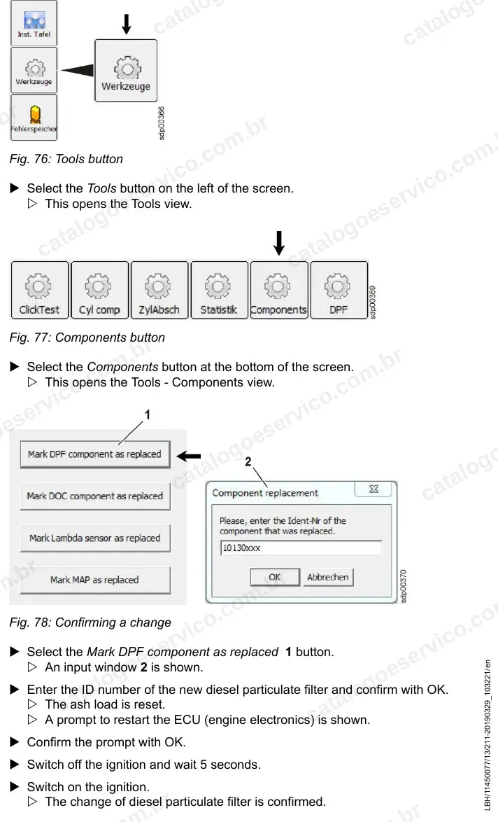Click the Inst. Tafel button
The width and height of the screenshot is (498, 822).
click(34, 23)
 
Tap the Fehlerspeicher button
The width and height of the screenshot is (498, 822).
click(34, 118)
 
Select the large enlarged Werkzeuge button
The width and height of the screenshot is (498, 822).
click(126, 71)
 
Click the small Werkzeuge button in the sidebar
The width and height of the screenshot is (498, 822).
click(34, 70)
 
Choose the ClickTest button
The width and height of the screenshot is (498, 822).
click(40, 291)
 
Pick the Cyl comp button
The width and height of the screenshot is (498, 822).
click(99, 291)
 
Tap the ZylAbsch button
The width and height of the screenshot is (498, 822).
click(159, 291)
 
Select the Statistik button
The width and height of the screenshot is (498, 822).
click(219, 291)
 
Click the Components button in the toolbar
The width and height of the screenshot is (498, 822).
click(278, 291)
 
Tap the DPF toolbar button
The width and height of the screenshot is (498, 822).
click(339, 291)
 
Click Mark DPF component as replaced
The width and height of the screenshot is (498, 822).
click(95, 454)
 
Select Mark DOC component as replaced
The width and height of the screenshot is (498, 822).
click(95, 496)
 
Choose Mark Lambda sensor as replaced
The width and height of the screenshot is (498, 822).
click(95, 538)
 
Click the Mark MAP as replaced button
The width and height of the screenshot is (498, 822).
click(95, 580)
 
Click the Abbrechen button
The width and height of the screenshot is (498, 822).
click(328, 577)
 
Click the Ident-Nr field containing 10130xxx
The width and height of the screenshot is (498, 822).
click(301, 548)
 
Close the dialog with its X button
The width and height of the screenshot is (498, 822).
click(374, 489)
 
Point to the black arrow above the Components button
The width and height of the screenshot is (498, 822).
click(279, 243)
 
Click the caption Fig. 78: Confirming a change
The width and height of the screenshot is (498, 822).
click(90, 622)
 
